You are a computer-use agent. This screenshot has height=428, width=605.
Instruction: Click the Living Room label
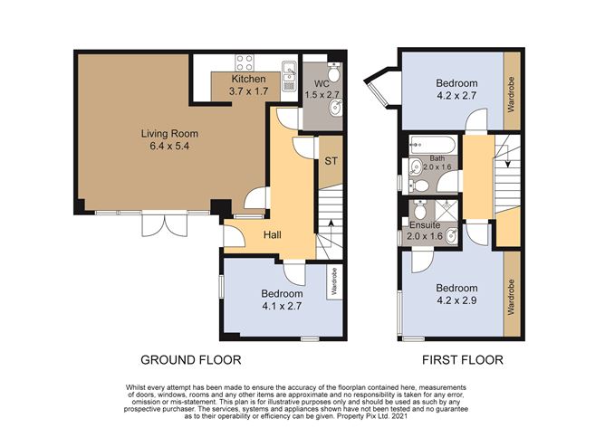(x=169, y=134)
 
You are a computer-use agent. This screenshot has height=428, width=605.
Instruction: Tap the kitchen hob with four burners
(x=245, y=63)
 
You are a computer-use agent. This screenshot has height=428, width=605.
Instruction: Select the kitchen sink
(x=289, y=76)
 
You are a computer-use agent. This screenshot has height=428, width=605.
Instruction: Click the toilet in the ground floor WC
(x=334, y=71)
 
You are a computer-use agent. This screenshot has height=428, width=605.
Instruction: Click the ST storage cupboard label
(x=331, y=161)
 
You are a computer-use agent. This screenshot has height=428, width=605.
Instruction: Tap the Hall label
(x=273, y=234)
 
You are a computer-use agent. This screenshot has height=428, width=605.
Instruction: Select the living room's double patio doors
(x=165, y=224)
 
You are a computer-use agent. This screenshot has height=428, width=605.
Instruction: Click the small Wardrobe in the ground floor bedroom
(x=334, y=281)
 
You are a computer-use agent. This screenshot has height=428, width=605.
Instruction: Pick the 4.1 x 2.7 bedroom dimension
(x=282, y=306)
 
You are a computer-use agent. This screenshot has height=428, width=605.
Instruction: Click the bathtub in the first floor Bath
(x=432, y=145)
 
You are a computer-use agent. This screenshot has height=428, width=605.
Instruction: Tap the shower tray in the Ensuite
(x=446, y=211)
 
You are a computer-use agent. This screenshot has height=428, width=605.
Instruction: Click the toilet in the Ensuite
(x=418, y=209)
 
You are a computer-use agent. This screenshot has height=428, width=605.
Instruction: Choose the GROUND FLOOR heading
(x=190, y=360)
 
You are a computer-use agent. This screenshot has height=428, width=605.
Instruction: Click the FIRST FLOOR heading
(x=462, y=360)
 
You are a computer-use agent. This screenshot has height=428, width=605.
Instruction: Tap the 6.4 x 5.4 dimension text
(x=169, y=147)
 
